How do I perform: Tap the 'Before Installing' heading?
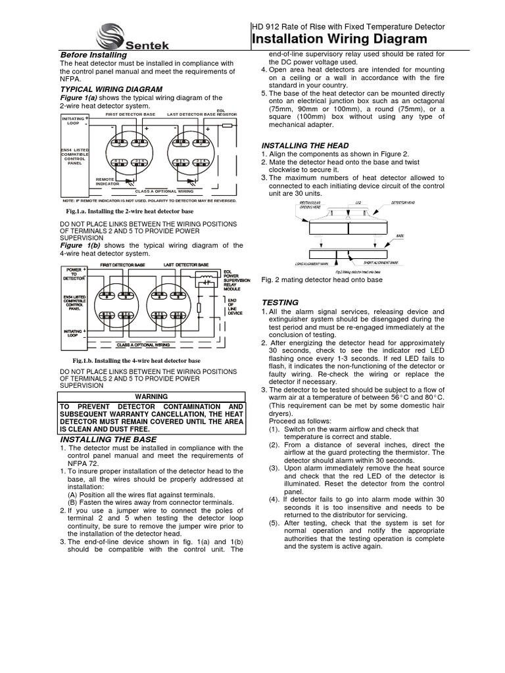(x=93, y=55)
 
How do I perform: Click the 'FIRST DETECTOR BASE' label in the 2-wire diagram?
(x=130, y=114)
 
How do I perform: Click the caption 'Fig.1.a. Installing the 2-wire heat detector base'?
(x=130, y=212)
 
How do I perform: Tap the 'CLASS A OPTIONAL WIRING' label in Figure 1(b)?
(x=143, y=344)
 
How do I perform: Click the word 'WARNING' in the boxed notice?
(x=151, y=396)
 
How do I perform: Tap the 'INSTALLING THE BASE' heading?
(x=108, y=439)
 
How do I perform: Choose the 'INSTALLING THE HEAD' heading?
(x=305, y=145)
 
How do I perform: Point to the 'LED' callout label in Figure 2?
(x=358, y=203)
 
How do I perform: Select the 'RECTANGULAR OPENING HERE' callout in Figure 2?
(x=312, y=205)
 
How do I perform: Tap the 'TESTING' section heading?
(x=280, y=302)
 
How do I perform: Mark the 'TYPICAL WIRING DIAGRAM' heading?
(x=111, y=89)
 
